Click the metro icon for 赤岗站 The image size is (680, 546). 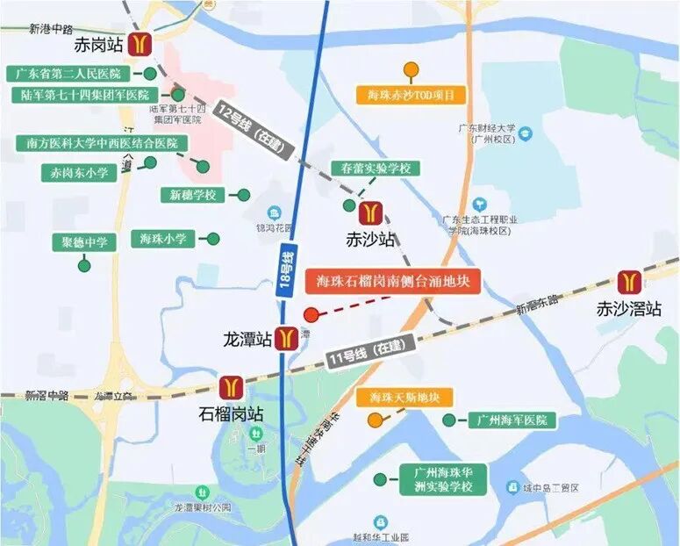(x=140, y=43)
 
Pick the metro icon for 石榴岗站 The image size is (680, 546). (x=231, y=387)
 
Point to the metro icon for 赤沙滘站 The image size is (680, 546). (x=627, y=282)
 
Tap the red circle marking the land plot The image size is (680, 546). (x=311, y=315)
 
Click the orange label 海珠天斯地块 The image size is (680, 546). (x=404, y=398)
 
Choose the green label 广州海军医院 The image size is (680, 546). (x=512, y=420)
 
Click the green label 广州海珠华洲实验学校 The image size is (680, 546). (x=443, y=479)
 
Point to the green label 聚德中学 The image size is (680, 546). (x=84, y=242)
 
